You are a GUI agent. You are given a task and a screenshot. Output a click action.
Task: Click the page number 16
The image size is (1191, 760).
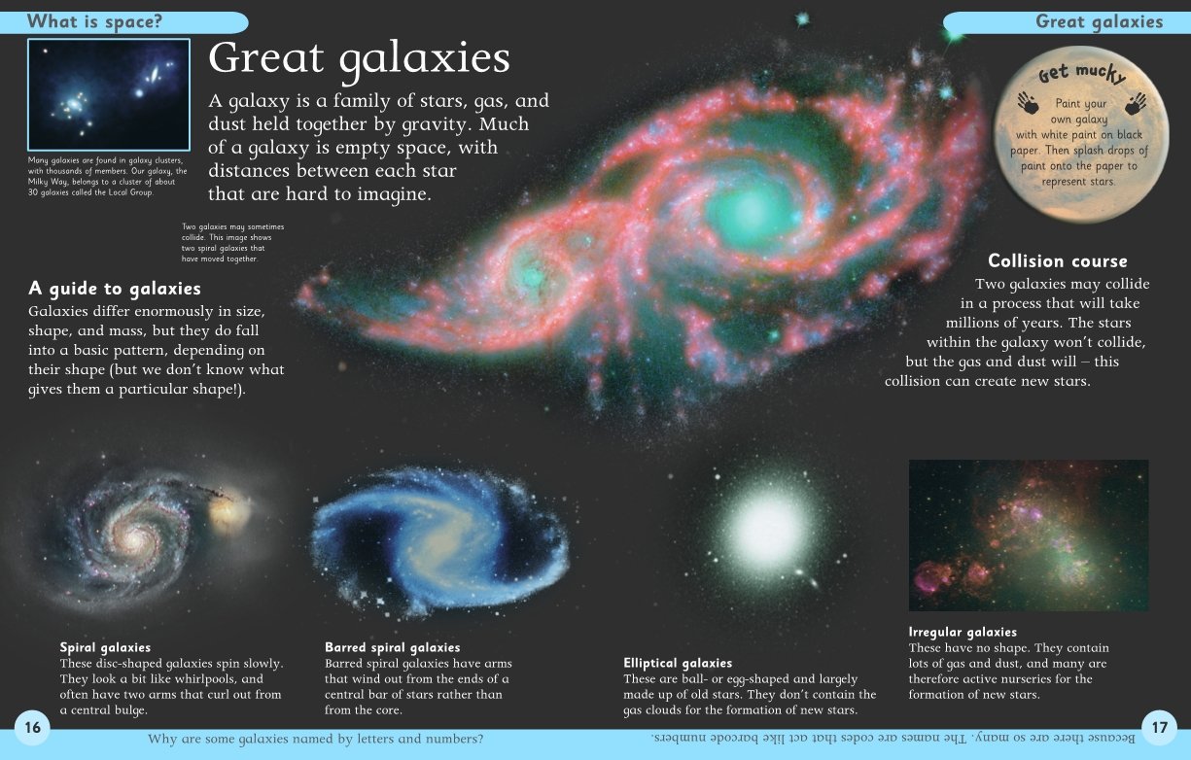pyautogui.click(x=32, y=727)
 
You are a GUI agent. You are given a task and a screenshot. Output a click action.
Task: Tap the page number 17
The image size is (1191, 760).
pyautogui.click(x=1160, y=727)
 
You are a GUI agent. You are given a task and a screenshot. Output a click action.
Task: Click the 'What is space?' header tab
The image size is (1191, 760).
pyautogui.click(x=123, y=22)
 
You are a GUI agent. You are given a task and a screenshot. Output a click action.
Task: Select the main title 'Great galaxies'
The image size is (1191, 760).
pyautogui.click(x=359, y=58)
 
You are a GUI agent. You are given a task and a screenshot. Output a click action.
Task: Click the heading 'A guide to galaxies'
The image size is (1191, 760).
pyautogui.click(x=115, y=289)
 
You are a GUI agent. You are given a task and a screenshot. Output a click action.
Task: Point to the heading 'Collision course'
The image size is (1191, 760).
pyautogui.click(x=1058, y=261)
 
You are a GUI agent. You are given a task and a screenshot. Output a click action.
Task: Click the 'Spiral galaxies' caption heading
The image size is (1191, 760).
pyautogui.click(x=105, y=647)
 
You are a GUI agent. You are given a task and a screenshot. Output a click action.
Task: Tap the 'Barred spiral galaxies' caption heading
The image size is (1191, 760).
pyautogui.click(x=393, y=647)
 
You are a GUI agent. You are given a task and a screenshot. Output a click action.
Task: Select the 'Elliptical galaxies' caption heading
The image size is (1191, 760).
pyautogui.click(x=678, y=663)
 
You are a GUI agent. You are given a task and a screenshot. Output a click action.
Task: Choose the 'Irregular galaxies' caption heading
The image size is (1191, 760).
pyautogui.click(x=963, y=632)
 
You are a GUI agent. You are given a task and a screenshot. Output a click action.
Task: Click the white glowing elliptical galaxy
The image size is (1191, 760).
pyautogui.click(x=766, y=529)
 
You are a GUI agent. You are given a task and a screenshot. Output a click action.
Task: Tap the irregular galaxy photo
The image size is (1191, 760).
pyautogui.click(x=1029, y=535)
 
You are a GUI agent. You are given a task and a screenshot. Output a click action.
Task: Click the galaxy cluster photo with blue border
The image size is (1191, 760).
pyautogui.click(x=109, y=94)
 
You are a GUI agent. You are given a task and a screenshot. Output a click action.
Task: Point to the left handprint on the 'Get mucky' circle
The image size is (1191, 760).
pyautogui.click(x=1029, y=102)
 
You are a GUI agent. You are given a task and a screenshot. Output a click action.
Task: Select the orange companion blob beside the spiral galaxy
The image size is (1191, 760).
pyautogui.click(x=229, y=510)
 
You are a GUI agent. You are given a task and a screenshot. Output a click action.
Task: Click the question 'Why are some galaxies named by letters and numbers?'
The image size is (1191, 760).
pyautogui.click(x=316, y=740)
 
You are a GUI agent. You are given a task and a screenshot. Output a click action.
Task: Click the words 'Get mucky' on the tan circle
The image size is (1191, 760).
pyautogui.click(x=1082, y=73)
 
